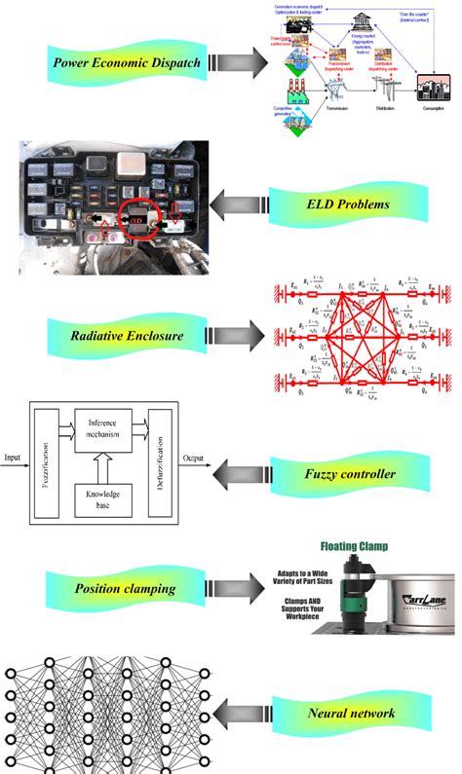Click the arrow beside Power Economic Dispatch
239,63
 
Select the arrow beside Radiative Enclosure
239,337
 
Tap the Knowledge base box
102,499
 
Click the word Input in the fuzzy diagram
13,455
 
